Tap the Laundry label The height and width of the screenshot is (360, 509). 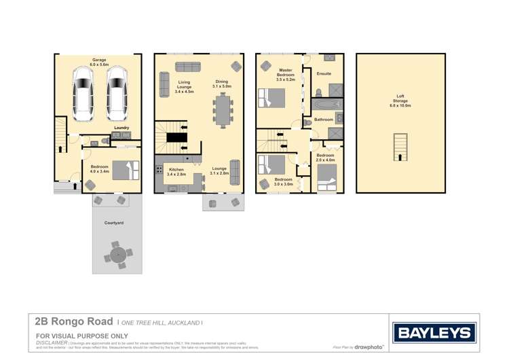pyautogui.click(x=121, y=128)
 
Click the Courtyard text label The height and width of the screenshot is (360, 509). pyautogui.click(x=113, y=223)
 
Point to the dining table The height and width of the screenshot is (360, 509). pyautogui.click(x=223, y=109)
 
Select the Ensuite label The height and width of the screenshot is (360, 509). pyautogui.click(x=324, y=73)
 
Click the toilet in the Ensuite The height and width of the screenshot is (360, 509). pyautogui.click(x=318, y=92)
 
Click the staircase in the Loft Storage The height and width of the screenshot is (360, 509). pyautogui.click(x=400, y=146)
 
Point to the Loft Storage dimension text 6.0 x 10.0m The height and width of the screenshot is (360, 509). pyautogui.click(x=400, y=106)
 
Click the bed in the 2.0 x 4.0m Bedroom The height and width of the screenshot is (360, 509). pyautogui.click(x=326, y=181)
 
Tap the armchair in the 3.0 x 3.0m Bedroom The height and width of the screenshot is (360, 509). pyautogui.click(x=265, y=183)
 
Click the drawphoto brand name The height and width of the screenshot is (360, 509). pyautogui.click(x=369, y=347)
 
